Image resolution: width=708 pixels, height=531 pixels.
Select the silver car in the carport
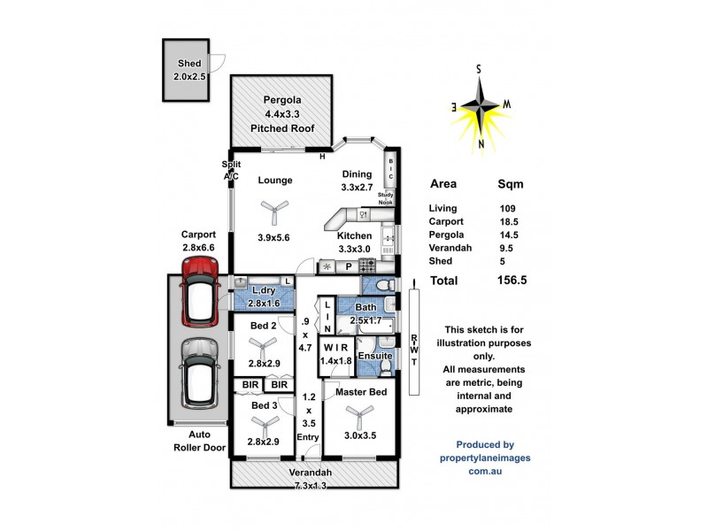point(199,372)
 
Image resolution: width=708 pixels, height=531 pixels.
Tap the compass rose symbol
point(481,105)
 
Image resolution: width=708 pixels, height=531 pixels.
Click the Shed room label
point(189,64)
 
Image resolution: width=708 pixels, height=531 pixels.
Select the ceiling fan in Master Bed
point(358,412)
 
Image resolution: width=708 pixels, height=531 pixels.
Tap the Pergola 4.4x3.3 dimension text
point(282,114)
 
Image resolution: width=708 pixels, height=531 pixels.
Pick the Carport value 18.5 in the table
point(509,221)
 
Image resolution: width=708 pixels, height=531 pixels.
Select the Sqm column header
point(510,185)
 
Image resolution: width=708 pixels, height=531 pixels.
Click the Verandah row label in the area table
point(451,248)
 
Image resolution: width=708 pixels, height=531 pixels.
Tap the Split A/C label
point(230,171)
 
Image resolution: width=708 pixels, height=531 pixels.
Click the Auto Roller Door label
point(200,442)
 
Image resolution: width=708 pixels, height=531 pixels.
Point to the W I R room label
point(335,346)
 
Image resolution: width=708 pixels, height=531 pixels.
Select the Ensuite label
point(375,356)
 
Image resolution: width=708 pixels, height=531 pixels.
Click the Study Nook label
point(386,197)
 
